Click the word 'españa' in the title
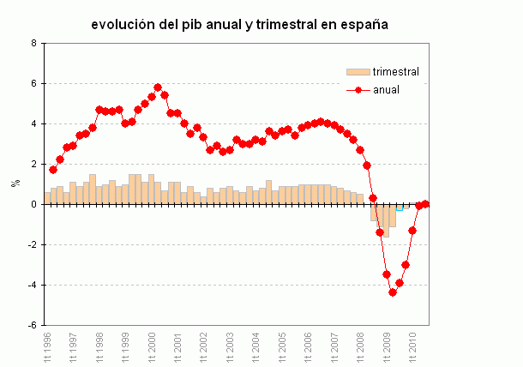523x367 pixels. tap(363, 25)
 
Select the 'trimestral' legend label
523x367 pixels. tap(394, 71)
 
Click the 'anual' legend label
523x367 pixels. tap(386, 89)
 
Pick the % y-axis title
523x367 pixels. tap(14, 183)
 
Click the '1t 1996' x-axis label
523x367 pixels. tap(46, 346)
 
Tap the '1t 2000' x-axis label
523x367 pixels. tap(151, 346)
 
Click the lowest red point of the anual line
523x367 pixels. tap(393, 292)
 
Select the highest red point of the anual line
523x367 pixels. tap(158, 87)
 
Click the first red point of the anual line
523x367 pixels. tap(53, 170)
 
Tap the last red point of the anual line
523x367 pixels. tap(425, 204)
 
